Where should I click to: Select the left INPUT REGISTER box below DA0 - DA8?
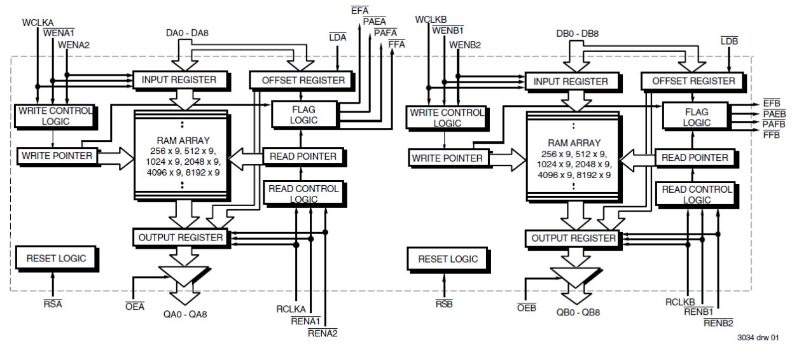179,80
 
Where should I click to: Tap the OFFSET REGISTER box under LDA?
303,80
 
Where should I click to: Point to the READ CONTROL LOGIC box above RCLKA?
303,194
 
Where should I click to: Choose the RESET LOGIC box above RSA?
56,258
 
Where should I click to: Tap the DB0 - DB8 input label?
577,34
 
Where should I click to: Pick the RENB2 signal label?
718,323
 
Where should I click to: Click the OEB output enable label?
527,308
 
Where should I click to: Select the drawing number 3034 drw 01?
758,338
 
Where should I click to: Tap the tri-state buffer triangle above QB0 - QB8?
574,275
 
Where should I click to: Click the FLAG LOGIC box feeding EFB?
697,117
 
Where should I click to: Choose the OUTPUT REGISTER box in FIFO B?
574,238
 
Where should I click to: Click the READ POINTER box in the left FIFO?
303,156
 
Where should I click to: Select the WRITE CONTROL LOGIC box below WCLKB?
447,118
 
